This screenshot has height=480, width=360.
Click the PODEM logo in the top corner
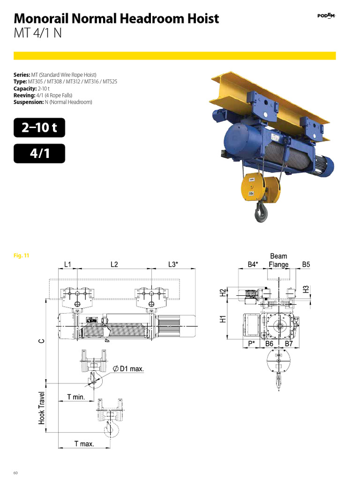326,15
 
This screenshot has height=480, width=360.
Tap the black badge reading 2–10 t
39,127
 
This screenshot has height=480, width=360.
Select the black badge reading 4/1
39,153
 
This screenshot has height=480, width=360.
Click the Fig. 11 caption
22,256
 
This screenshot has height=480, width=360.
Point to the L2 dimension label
114,264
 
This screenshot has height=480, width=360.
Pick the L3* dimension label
173,264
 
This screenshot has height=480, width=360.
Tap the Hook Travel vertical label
42,408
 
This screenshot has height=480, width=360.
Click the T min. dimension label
75,397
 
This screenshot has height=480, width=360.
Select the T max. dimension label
84,443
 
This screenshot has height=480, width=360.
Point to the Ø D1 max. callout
128,369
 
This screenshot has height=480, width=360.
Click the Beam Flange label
278,261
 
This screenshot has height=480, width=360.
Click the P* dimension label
252,344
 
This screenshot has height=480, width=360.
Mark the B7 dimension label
289,344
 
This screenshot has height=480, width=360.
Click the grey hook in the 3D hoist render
261,213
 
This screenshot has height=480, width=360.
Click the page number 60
15,472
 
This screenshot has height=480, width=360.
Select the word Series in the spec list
22,75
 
